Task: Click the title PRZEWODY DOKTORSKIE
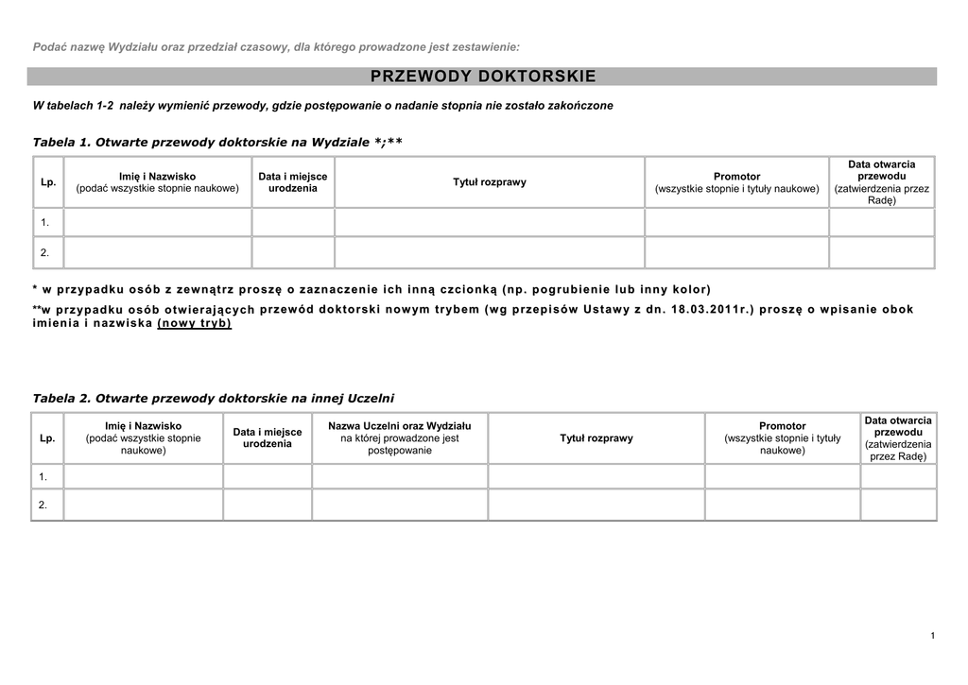483,77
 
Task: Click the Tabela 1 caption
217,142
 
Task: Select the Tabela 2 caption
213,398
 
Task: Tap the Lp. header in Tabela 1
48,182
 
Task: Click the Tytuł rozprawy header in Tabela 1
490,182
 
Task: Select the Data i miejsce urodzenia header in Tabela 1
293,182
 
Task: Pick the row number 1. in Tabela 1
44,223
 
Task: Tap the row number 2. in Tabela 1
44,253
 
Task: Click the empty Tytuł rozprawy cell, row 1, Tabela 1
490,223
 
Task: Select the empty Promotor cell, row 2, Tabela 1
736,253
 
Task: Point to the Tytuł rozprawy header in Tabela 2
596,438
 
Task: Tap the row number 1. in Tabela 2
43,477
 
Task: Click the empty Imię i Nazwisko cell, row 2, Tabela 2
143,505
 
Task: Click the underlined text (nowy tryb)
195,323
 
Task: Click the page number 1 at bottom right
932,635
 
